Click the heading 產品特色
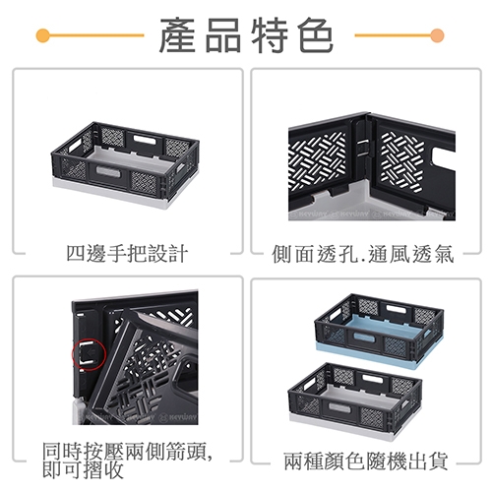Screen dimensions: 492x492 tap(247, 35)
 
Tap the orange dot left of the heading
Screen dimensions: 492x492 tap(43, 35)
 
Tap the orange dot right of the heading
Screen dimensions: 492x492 tap(437, 35)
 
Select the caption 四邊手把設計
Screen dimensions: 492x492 tap(127, 254)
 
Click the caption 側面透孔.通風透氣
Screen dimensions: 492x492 tap(363, 254)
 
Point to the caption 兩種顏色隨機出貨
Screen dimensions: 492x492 tap(366, 461)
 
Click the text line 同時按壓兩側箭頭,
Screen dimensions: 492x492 tap(128, 451)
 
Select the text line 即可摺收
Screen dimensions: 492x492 tap(83, 469)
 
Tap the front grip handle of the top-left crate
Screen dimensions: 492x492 tap(108, 172)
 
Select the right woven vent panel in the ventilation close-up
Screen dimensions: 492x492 tap(402, 162)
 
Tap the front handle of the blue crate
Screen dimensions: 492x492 tap(364, 338)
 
